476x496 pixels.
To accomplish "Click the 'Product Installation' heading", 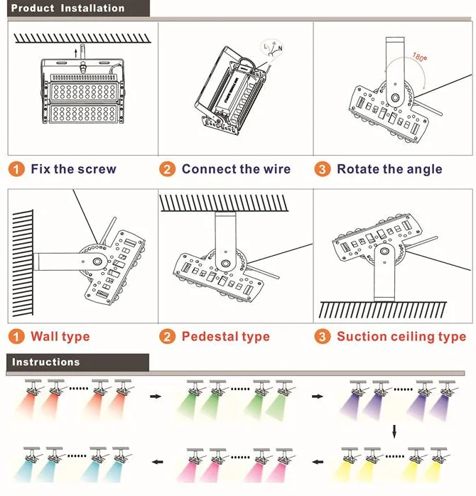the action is pyautogui.click(x=68, y=9).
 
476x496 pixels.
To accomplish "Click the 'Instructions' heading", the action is pyautogui.click(x=46, y=362).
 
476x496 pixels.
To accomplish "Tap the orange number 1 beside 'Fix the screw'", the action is pyautogui.click(x=16, y=169).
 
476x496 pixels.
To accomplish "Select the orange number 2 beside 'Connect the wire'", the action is pyautogui.click(x=167, y=169).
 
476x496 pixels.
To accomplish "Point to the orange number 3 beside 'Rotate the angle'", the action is pyautogui.click(x=323, y=169).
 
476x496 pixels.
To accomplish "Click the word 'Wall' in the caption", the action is pyautogui.click(x=45, y=336).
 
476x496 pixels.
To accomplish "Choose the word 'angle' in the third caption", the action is pyautogui.click(x=423, y=169).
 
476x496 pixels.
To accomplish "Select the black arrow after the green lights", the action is pyautogui.click(x=316, y=397).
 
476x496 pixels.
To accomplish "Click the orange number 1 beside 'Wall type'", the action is pyautogui.click(x=16, y=336).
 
